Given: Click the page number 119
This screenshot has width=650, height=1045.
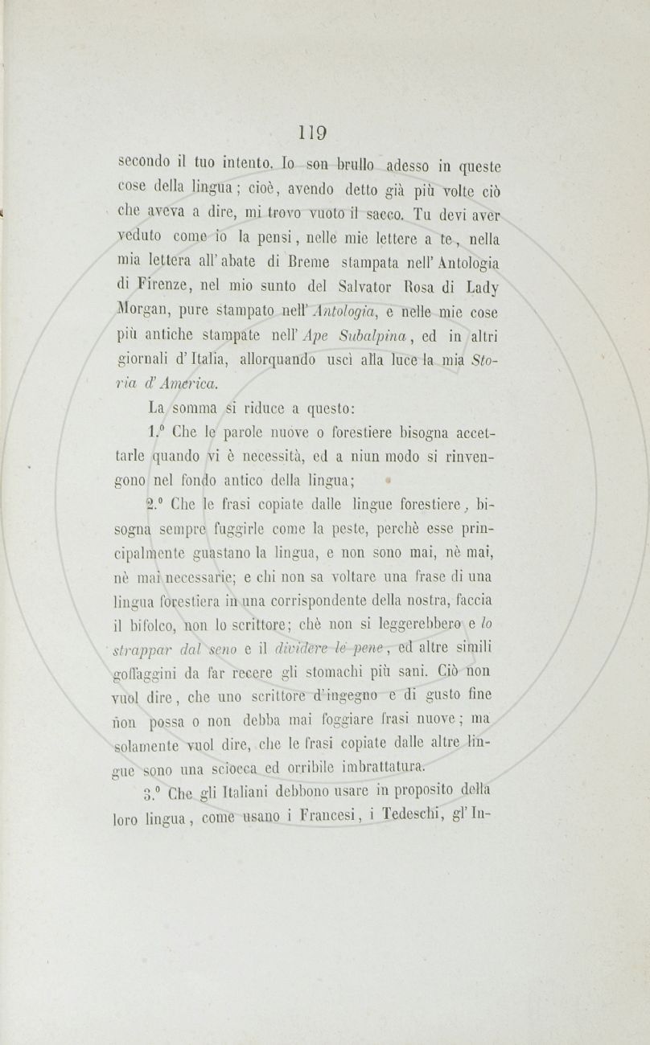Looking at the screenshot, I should point(314,132).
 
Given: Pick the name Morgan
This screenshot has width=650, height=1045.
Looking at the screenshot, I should point(138,308).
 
